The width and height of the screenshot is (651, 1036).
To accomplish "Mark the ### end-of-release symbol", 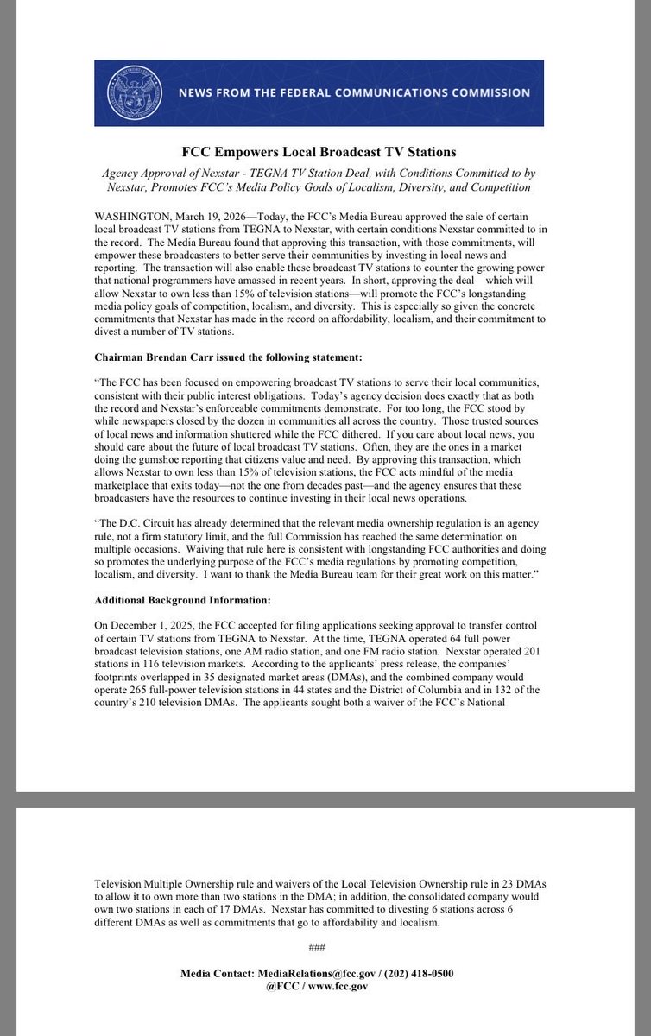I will [x=316, y=949].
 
